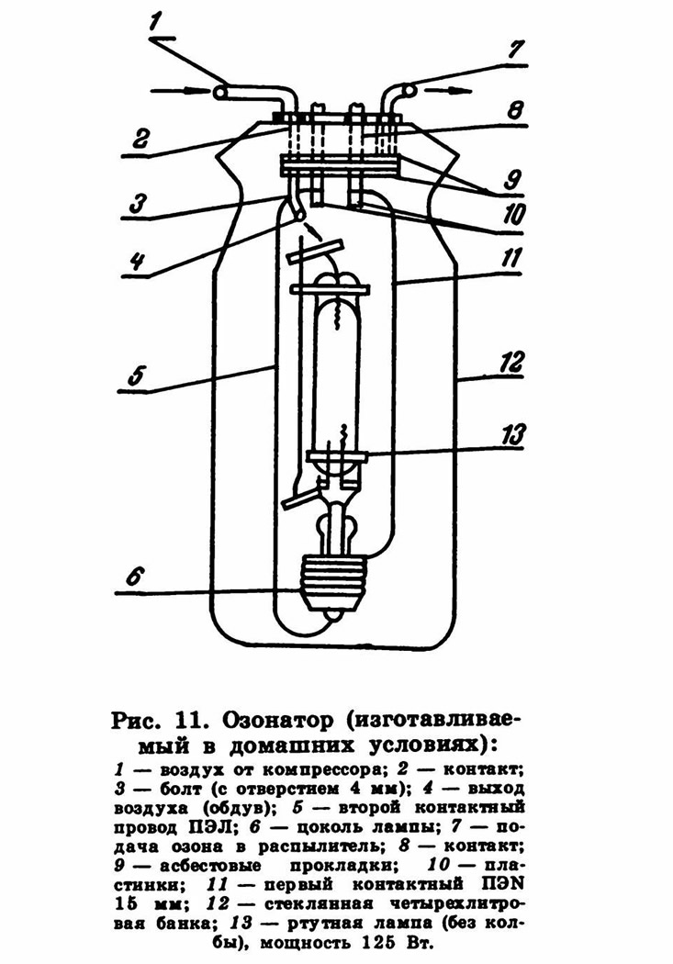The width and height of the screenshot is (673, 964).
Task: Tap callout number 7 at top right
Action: [515, 50]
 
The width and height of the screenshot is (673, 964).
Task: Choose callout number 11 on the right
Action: [510, 259]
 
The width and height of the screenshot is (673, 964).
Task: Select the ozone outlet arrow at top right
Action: [443, 91]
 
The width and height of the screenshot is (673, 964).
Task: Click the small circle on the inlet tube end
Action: [219, 92]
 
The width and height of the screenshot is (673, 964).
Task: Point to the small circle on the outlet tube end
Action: [409, 90]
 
